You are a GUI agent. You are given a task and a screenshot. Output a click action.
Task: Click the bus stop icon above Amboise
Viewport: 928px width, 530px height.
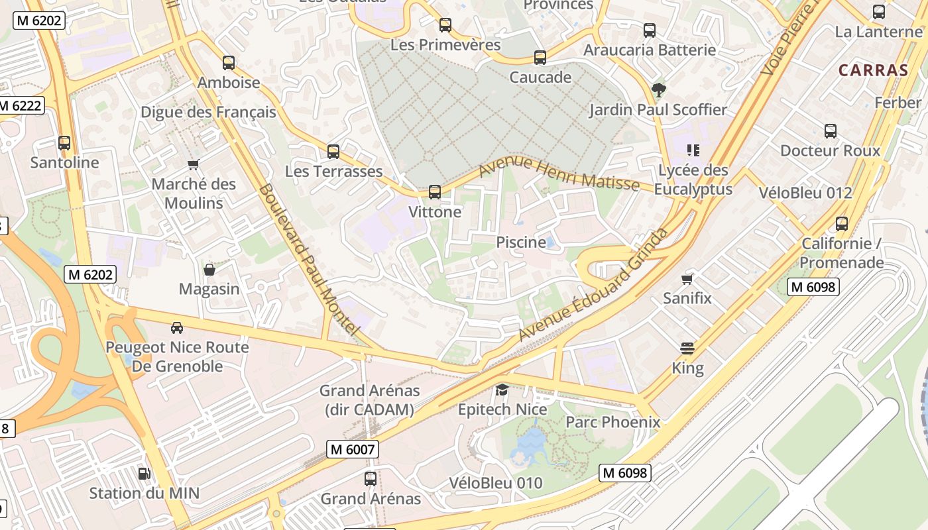(x=229, y=63)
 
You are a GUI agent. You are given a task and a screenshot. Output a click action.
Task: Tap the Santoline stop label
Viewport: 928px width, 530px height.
(x=64, y=162)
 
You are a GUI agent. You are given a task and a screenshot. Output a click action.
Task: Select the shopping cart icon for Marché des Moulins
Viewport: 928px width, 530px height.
(x=194, y=164)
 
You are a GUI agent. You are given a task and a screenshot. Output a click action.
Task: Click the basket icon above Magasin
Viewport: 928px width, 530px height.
(x=209, y=270)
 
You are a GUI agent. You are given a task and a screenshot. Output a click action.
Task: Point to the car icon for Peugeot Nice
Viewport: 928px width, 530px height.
(x=177, y=327)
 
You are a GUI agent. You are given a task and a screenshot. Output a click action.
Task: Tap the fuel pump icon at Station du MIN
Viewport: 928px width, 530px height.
(x=144, y=473)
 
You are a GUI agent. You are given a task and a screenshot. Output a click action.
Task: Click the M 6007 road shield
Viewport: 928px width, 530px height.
(x=353, y=449)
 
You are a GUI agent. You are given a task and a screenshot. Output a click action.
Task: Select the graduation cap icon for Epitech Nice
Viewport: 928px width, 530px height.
(x=502, y=390)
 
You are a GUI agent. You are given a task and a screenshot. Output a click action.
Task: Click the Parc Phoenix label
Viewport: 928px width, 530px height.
(x=612, y=422)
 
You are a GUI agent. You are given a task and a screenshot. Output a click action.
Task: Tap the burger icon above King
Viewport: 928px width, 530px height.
(x=687, y=348)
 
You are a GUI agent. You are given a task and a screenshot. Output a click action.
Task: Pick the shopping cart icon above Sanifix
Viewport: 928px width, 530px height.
(x=687, y=279)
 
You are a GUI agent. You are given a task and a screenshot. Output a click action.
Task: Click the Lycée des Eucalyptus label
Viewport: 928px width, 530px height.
(x=693, y=180)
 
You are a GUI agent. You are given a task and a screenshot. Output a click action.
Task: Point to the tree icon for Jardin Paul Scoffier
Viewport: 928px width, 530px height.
(x=658, y=89)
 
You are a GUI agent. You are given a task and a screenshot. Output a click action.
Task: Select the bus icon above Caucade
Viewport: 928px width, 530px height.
(x=540, y=58)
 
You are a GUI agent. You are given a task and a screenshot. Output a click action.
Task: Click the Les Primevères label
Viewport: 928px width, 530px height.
(x=445, y=45)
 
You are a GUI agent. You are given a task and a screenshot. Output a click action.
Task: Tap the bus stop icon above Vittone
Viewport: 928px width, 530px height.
(x=435, y=192)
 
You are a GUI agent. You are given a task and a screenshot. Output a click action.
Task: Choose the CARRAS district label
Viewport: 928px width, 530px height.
(x=873, y=70)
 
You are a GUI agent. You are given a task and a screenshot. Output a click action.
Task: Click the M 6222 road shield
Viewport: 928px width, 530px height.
(x=21, y=105)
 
